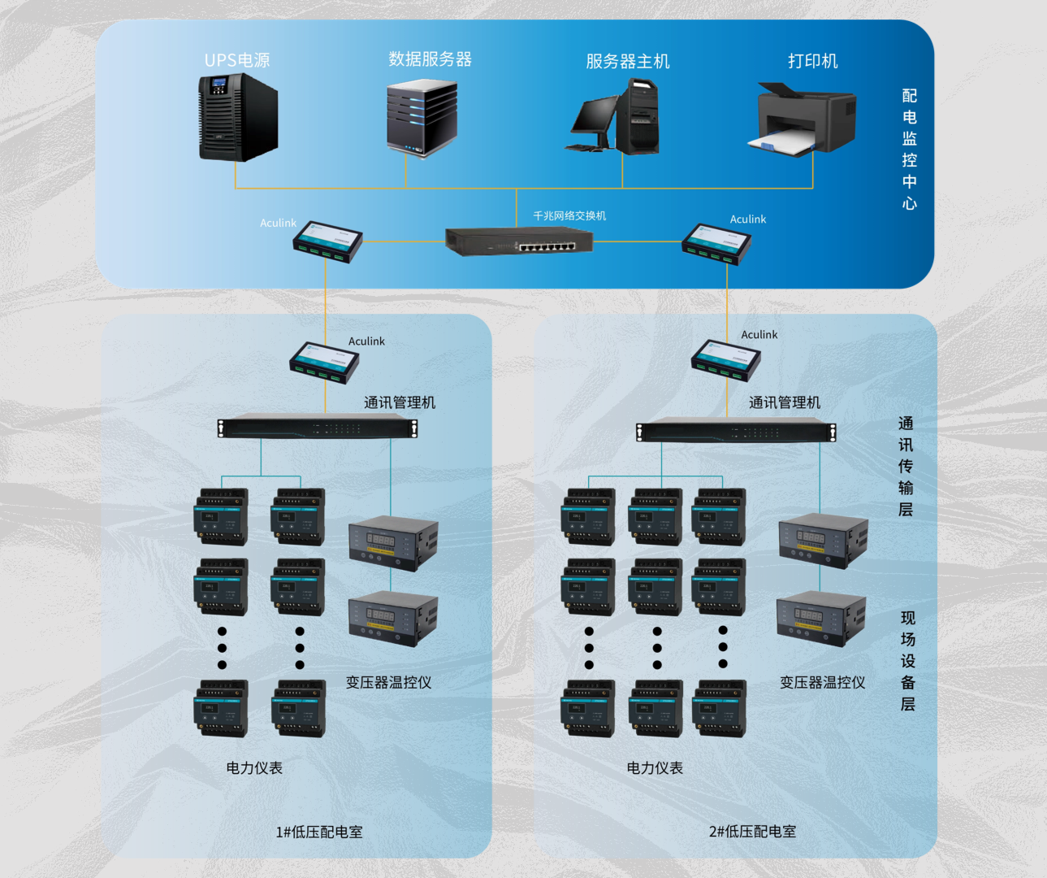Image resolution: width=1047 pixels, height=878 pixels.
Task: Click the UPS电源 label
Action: click(237, 60)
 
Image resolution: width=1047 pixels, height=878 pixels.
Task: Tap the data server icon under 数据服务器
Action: click(422, 118)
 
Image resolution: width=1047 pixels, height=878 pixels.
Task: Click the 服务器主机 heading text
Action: click(627, 61)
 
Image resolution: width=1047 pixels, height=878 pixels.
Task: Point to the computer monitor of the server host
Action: click(595, 116)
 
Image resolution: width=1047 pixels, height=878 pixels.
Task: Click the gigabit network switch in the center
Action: click(519, 241)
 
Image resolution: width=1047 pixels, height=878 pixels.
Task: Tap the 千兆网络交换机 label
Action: click(569, 215)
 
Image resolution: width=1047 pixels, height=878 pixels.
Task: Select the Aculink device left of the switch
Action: click(327, 241)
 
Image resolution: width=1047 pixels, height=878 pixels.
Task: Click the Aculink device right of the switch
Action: click(716, 243)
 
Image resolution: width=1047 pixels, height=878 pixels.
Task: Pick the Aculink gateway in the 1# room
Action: click(324, 362)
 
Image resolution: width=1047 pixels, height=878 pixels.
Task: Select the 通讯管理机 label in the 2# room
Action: click(784, 402)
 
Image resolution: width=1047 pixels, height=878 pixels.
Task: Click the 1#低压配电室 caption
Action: click(319, 832)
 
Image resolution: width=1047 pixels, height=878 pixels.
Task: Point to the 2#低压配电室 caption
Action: click(752, 831)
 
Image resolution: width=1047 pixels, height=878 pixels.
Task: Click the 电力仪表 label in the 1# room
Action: click(254, 767)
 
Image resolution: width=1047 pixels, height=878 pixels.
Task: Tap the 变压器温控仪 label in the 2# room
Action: click(822, 682)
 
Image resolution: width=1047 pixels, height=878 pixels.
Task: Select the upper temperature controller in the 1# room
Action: click(393, 542)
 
